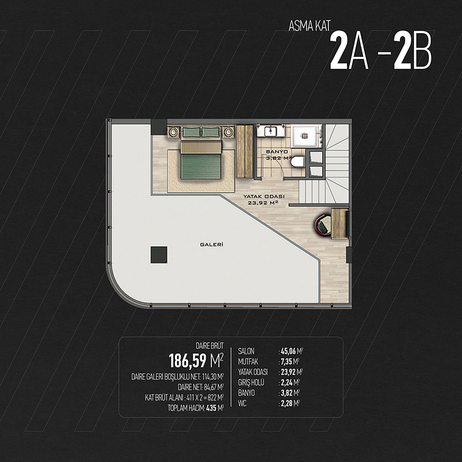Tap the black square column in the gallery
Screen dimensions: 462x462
(x=159, y=255)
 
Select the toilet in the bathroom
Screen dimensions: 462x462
(x=297, y=162)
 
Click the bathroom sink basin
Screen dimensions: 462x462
(x=270, y=132)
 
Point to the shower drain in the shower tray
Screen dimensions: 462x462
(x=305, y=136)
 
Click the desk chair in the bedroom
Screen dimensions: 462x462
(x=323, y=225)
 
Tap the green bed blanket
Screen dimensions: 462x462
(x=201, y=166)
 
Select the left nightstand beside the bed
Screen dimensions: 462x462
(x=174, y=132)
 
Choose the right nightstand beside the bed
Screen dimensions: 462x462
(x=228, y=132)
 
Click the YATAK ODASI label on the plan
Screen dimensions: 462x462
(x=264, y=196)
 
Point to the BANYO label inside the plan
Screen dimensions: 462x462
(x=277, y=152)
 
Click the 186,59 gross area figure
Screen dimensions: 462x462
(x=187, y=361)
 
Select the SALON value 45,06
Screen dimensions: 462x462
(x=288, y=351)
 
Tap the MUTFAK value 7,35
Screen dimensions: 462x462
(x=286, y=362)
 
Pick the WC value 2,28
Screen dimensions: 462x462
(x=286, y=403)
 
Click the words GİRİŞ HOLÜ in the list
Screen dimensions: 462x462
(x=251, y=382)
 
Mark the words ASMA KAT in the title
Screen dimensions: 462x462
(x=310, y=26)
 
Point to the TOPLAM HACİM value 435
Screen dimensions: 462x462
(x=211, y=408)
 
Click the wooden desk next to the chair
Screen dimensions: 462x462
(x=340, y=223)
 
